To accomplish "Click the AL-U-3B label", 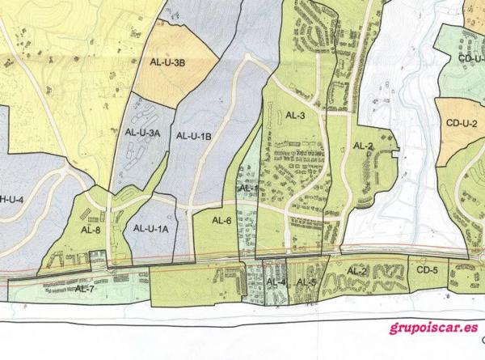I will tap(168, 62).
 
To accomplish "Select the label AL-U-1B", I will tap(193, 136).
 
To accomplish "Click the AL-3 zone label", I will tap(295, 116).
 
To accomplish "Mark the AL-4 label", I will tap(276, 282).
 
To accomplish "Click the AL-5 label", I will tap(306, 282).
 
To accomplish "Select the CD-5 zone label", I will tap(428, 270).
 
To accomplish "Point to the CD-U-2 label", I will tap(462, 123).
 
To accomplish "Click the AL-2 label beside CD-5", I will tap(357, 270).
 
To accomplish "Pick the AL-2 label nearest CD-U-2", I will tap(363, 146).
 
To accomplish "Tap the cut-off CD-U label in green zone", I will tap(470, 58).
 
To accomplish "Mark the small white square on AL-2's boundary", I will tap(394, 152).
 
